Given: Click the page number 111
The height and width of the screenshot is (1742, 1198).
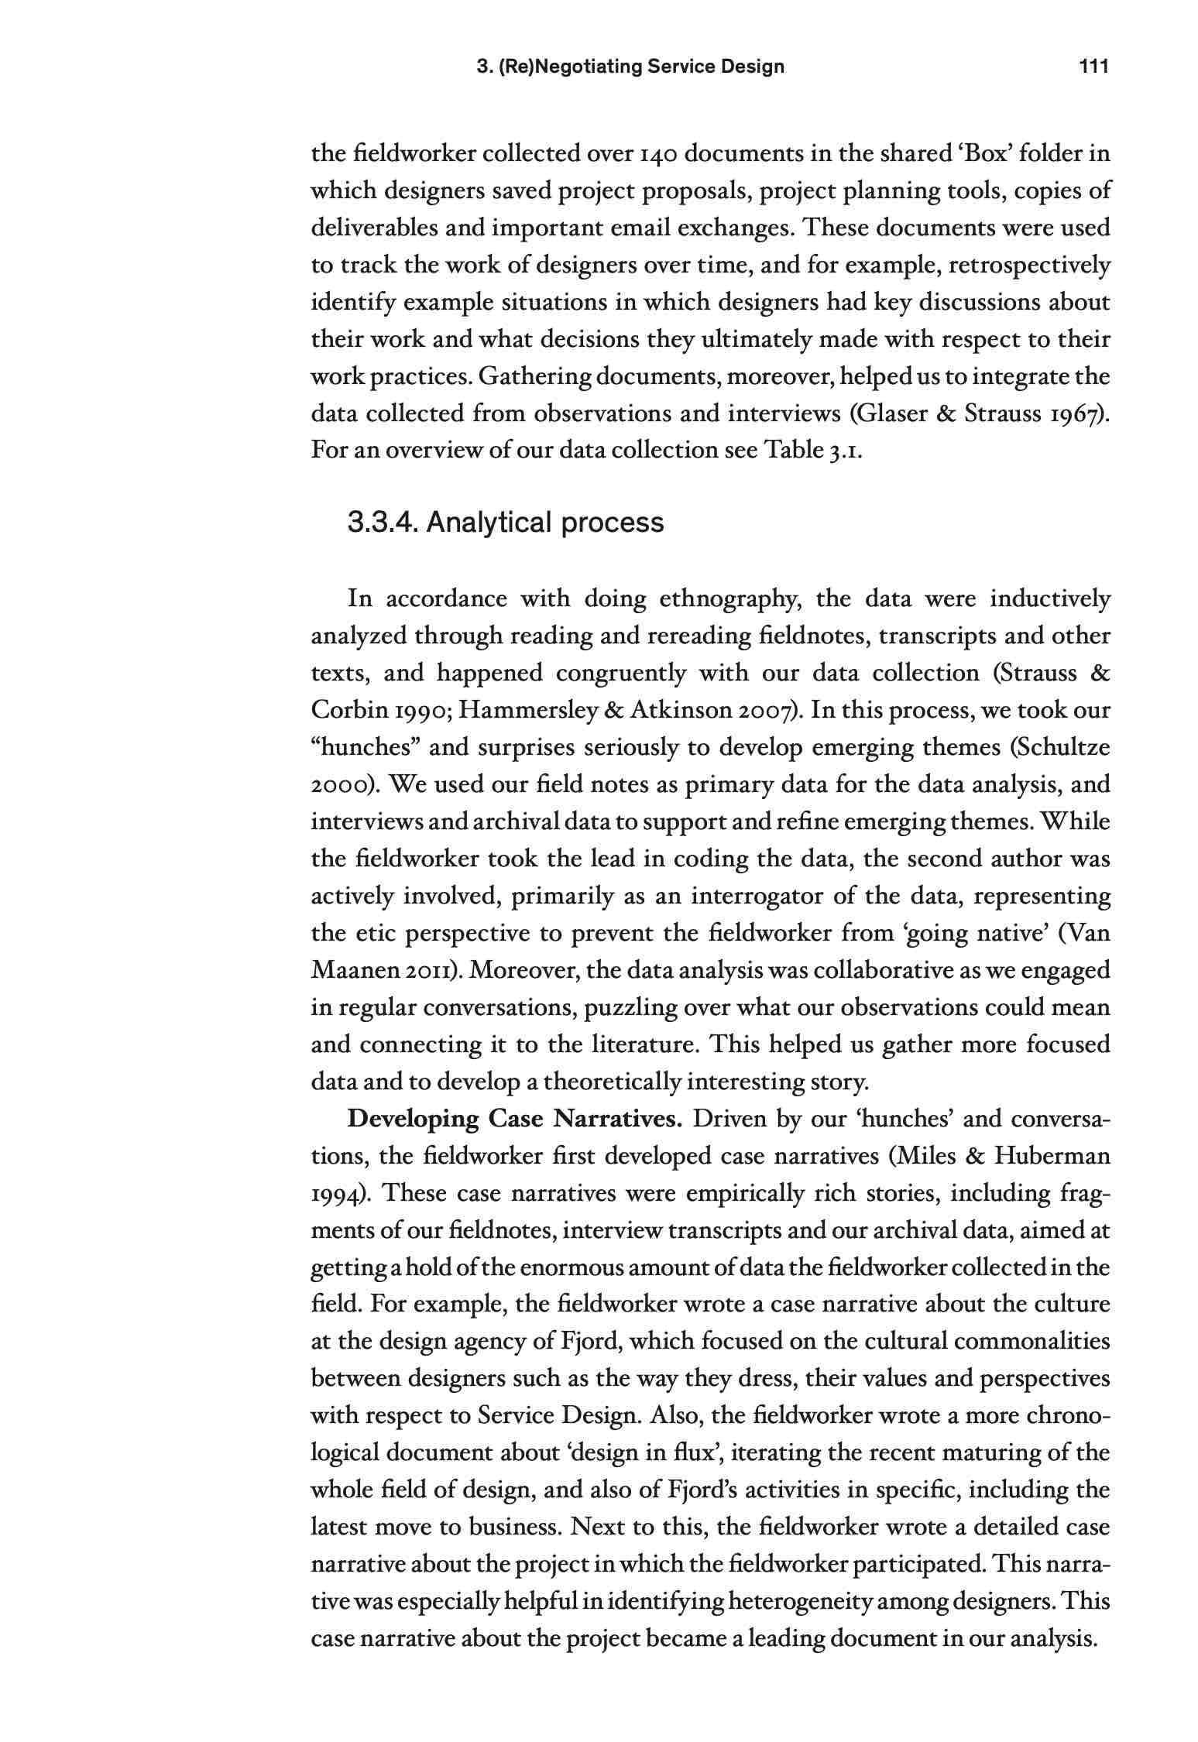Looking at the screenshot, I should coord(1094,67).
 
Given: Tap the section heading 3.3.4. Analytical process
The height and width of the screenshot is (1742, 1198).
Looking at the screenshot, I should coord(506,523).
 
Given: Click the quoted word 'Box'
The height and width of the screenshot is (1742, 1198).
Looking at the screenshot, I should coord(977,154).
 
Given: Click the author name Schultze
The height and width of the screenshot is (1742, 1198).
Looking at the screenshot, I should coord(1063,748).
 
